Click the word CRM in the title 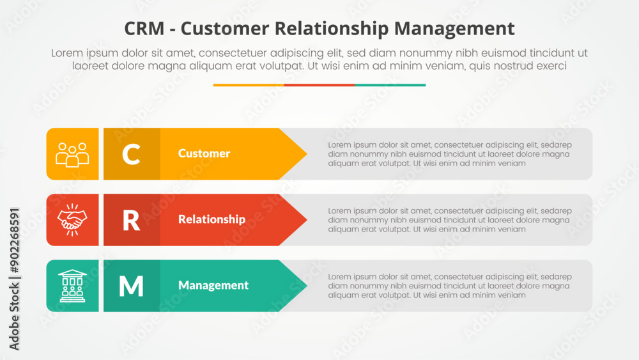[x=144, y=29]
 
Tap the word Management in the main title [x=454, y=29]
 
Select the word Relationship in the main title [x=332, y=29]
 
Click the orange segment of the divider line [x=249, y=85]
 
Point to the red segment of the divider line [x=319, y=85]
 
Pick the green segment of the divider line [x=390, y=85]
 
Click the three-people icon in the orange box [x=72, y=155]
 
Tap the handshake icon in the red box [x=72, y=220]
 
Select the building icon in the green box [x=72, y=286]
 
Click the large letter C [x=131, y=154]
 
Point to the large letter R [x=131, y=221]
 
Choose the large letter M [x=131, y=286]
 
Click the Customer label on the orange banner [x=204, y=153]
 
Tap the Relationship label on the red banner [x=212, y=219]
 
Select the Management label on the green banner [x=213, y=285]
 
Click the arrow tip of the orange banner [x=307, y=153]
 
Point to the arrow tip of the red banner [x=307, y=220]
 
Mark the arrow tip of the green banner [x=307, y=286]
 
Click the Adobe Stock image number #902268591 [x=14, y=240]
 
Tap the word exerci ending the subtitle [x=551, y=66]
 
